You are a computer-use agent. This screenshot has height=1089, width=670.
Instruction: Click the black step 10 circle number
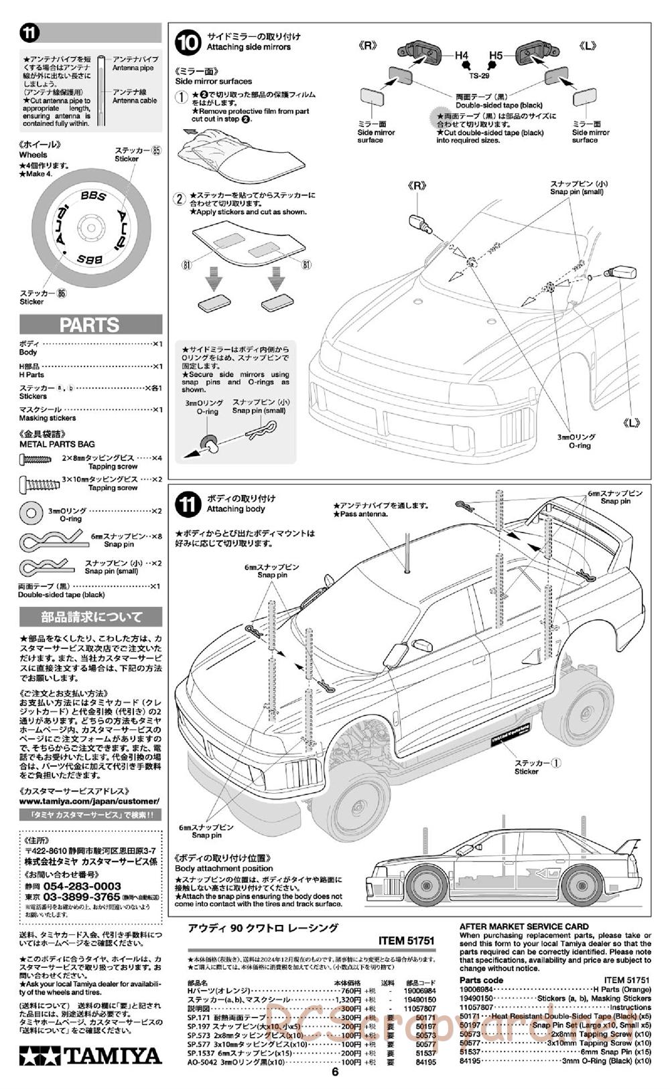point(188,42)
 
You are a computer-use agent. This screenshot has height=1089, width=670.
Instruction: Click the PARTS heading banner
point(90,325)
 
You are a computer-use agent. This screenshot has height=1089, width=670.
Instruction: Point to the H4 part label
point(462,56)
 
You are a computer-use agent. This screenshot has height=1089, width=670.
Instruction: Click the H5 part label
point(496,56)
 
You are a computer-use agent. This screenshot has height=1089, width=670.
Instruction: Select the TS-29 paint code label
point(478,76)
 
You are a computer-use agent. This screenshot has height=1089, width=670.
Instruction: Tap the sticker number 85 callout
point(156,151)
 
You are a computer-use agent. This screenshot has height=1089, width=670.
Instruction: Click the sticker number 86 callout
point(62,293)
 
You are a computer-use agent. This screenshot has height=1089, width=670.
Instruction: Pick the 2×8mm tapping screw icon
point(36,459)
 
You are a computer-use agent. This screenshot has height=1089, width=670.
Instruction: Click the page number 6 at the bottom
point(335,1071)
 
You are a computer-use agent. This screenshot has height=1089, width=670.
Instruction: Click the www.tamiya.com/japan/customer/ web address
point(90,801)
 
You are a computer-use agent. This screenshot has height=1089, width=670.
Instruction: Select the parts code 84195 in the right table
point(472,1061)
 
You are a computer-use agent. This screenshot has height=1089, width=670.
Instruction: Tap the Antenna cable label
point(135,100)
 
